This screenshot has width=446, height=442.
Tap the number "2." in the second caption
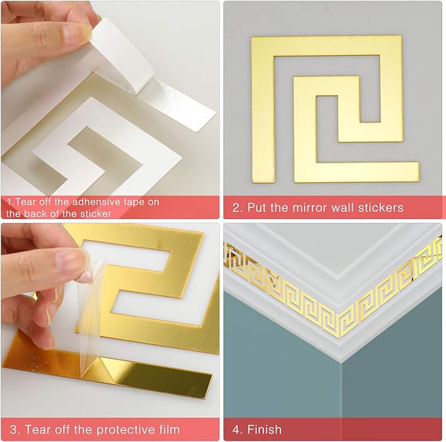tap(237, 208)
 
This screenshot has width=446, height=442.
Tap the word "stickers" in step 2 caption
tap(380, 208)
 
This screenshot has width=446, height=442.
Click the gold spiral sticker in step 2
tap(335, 108)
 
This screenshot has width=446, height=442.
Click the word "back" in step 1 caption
tap(39, 214)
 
